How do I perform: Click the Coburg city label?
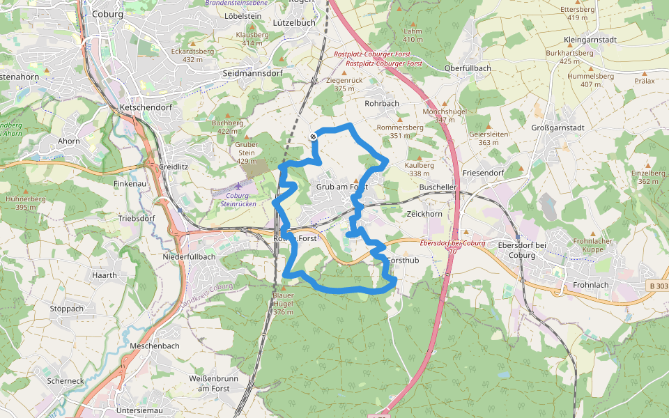(x=107, y=14)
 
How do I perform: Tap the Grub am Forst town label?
(x=341, y=187)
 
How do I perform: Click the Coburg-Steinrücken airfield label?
(x=240, y=199)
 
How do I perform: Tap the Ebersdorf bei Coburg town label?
(x=516, y=249)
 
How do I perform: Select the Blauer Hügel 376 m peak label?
(x=283, y=303)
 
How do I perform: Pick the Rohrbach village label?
(x=382, y=103)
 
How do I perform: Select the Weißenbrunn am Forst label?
(x=208, y=382)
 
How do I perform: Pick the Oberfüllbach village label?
(x=468, y=68)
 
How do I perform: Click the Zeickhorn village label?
(x=424, y=214)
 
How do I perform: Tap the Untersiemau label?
(x=139, y=411)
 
